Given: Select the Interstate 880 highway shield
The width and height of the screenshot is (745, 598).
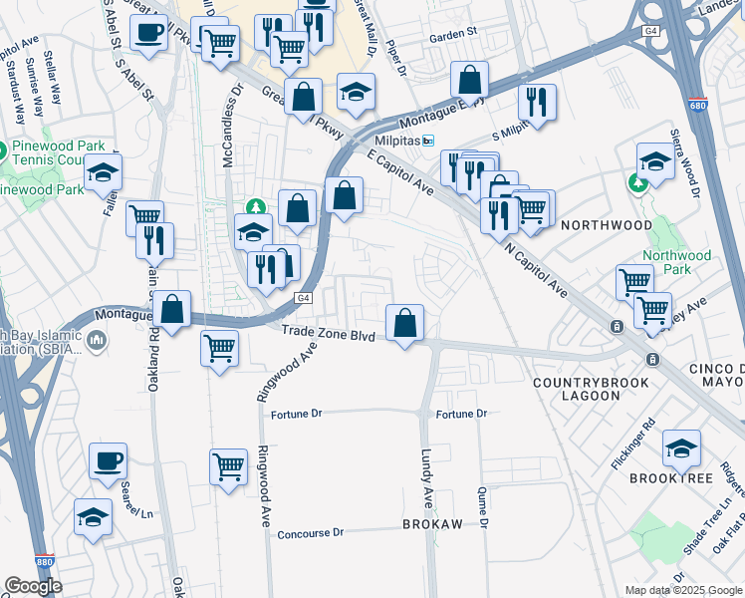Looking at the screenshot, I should [x=43, y=562].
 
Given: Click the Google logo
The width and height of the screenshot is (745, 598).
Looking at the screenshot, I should [x=33, y=586].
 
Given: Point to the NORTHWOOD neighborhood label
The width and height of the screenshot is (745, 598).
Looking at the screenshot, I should [x=607, y=226].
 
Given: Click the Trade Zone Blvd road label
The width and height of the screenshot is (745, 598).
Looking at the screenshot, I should [x=328, y=335].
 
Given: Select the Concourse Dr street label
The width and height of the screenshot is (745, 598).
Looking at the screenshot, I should [x=310, y=533].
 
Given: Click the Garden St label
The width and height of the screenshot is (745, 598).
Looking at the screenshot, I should [x=453, y=33].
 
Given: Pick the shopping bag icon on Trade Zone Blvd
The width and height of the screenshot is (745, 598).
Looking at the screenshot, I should [x=404, y=323].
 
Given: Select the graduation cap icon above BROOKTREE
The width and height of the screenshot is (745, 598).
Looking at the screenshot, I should [x=682, y=448].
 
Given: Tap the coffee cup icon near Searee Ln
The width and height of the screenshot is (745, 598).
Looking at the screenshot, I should [x=108, y=461].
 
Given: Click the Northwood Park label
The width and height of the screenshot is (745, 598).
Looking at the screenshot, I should [x=677, y=262].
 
